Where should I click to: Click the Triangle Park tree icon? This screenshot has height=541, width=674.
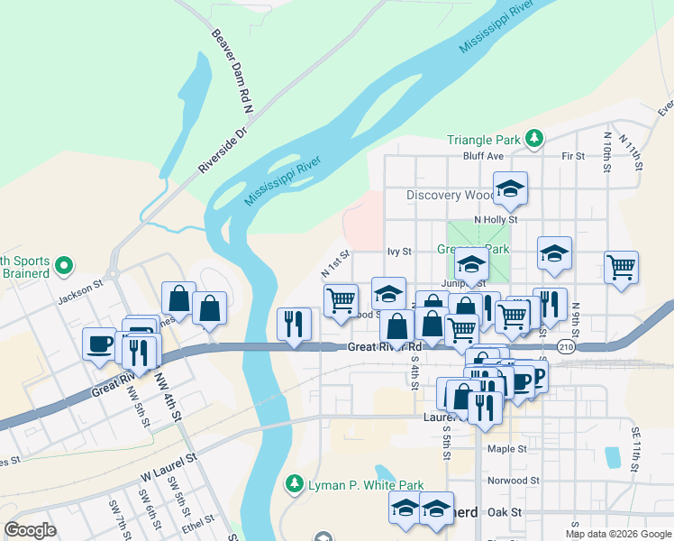535,138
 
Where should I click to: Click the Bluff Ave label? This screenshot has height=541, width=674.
483,156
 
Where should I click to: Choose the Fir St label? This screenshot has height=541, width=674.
573,156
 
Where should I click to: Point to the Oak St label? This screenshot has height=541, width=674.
505,512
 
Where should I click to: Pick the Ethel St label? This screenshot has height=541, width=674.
198,521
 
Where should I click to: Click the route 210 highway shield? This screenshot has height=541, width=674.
566,346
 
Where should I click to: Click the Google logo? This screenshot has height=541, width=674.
31,530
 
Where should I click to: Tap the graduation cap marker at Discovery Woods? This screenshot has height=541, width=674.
510,189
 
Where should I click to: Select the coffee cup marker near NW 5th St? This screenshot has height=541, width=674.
99,344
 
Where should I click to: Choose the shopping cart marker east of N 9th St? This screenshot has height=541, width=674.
621,268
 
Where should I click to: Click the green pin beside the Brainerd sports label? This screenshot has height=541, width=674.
63,266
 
